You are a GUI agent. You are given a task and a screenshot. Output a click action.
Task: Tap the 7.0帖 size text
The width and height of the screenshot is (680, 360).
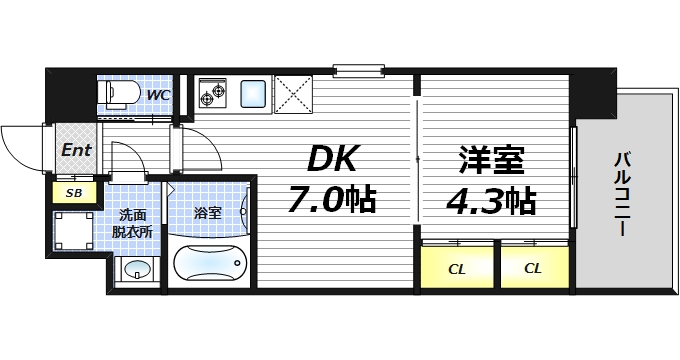(331, 199)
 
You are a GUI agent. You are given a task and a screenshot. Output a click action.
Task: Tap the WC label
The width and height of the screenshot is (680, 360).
(157, 95)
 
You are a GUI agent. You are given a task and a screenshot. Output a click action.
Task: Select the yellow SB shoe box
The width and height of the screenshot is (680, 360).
(73, 192)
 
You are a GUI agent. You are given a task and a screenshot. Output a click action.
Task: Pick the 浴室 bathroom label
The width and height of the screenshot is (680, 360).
(207, 213)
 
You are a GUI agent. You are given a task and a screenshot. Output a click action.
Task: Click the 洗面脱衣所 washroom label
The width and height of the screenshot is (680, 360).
(134, 222)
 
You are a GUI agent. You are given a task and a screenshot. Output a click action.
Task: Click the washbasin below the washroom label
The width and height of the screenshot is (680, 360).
(137, 270)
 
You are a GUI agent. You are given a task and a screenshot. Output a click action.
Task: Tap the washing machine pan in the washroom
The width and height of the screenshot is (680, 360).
(74, 232)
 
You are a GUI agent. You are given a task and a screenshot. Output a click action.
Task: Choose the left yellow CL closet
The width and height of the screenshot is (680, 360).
(456, 267)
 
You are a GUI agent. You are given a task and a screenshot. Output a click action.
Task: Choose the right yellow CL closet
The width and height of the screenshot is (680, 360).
(533, 267)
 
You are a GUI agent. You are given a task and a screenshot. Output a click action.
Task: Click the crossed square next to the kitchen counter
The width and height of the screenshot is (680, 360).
(295, 95)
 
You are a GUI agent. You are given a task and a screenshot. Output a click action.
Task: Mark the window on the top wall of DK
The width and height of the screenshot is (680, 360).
(359, 70)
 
